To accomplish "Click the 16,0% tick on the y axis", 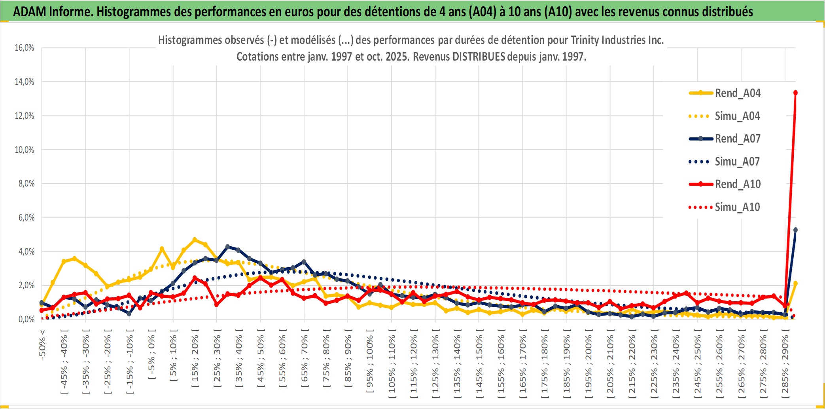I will (x=25, y=48).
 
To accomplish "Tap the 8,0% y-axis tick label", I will (x=26, y=184).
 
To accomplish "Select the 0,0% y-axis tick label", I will (x=26, y=319).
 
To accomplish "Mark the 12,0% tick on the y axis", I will (x=25, y=116).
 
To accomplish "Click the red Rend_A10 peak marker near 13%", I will (x=795, y=93).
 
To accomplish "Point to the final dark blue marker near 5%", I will (x=795, y=230).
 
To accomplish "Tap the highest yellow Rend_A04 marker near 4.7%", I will (x=195, y=240).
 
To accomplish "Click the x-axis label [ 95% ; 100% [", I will (x=370, y=363).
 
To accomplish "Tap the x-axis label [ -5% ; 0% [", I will (x=151, y=357).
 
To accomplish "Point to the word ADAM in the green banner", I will (x=29, y=11).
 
